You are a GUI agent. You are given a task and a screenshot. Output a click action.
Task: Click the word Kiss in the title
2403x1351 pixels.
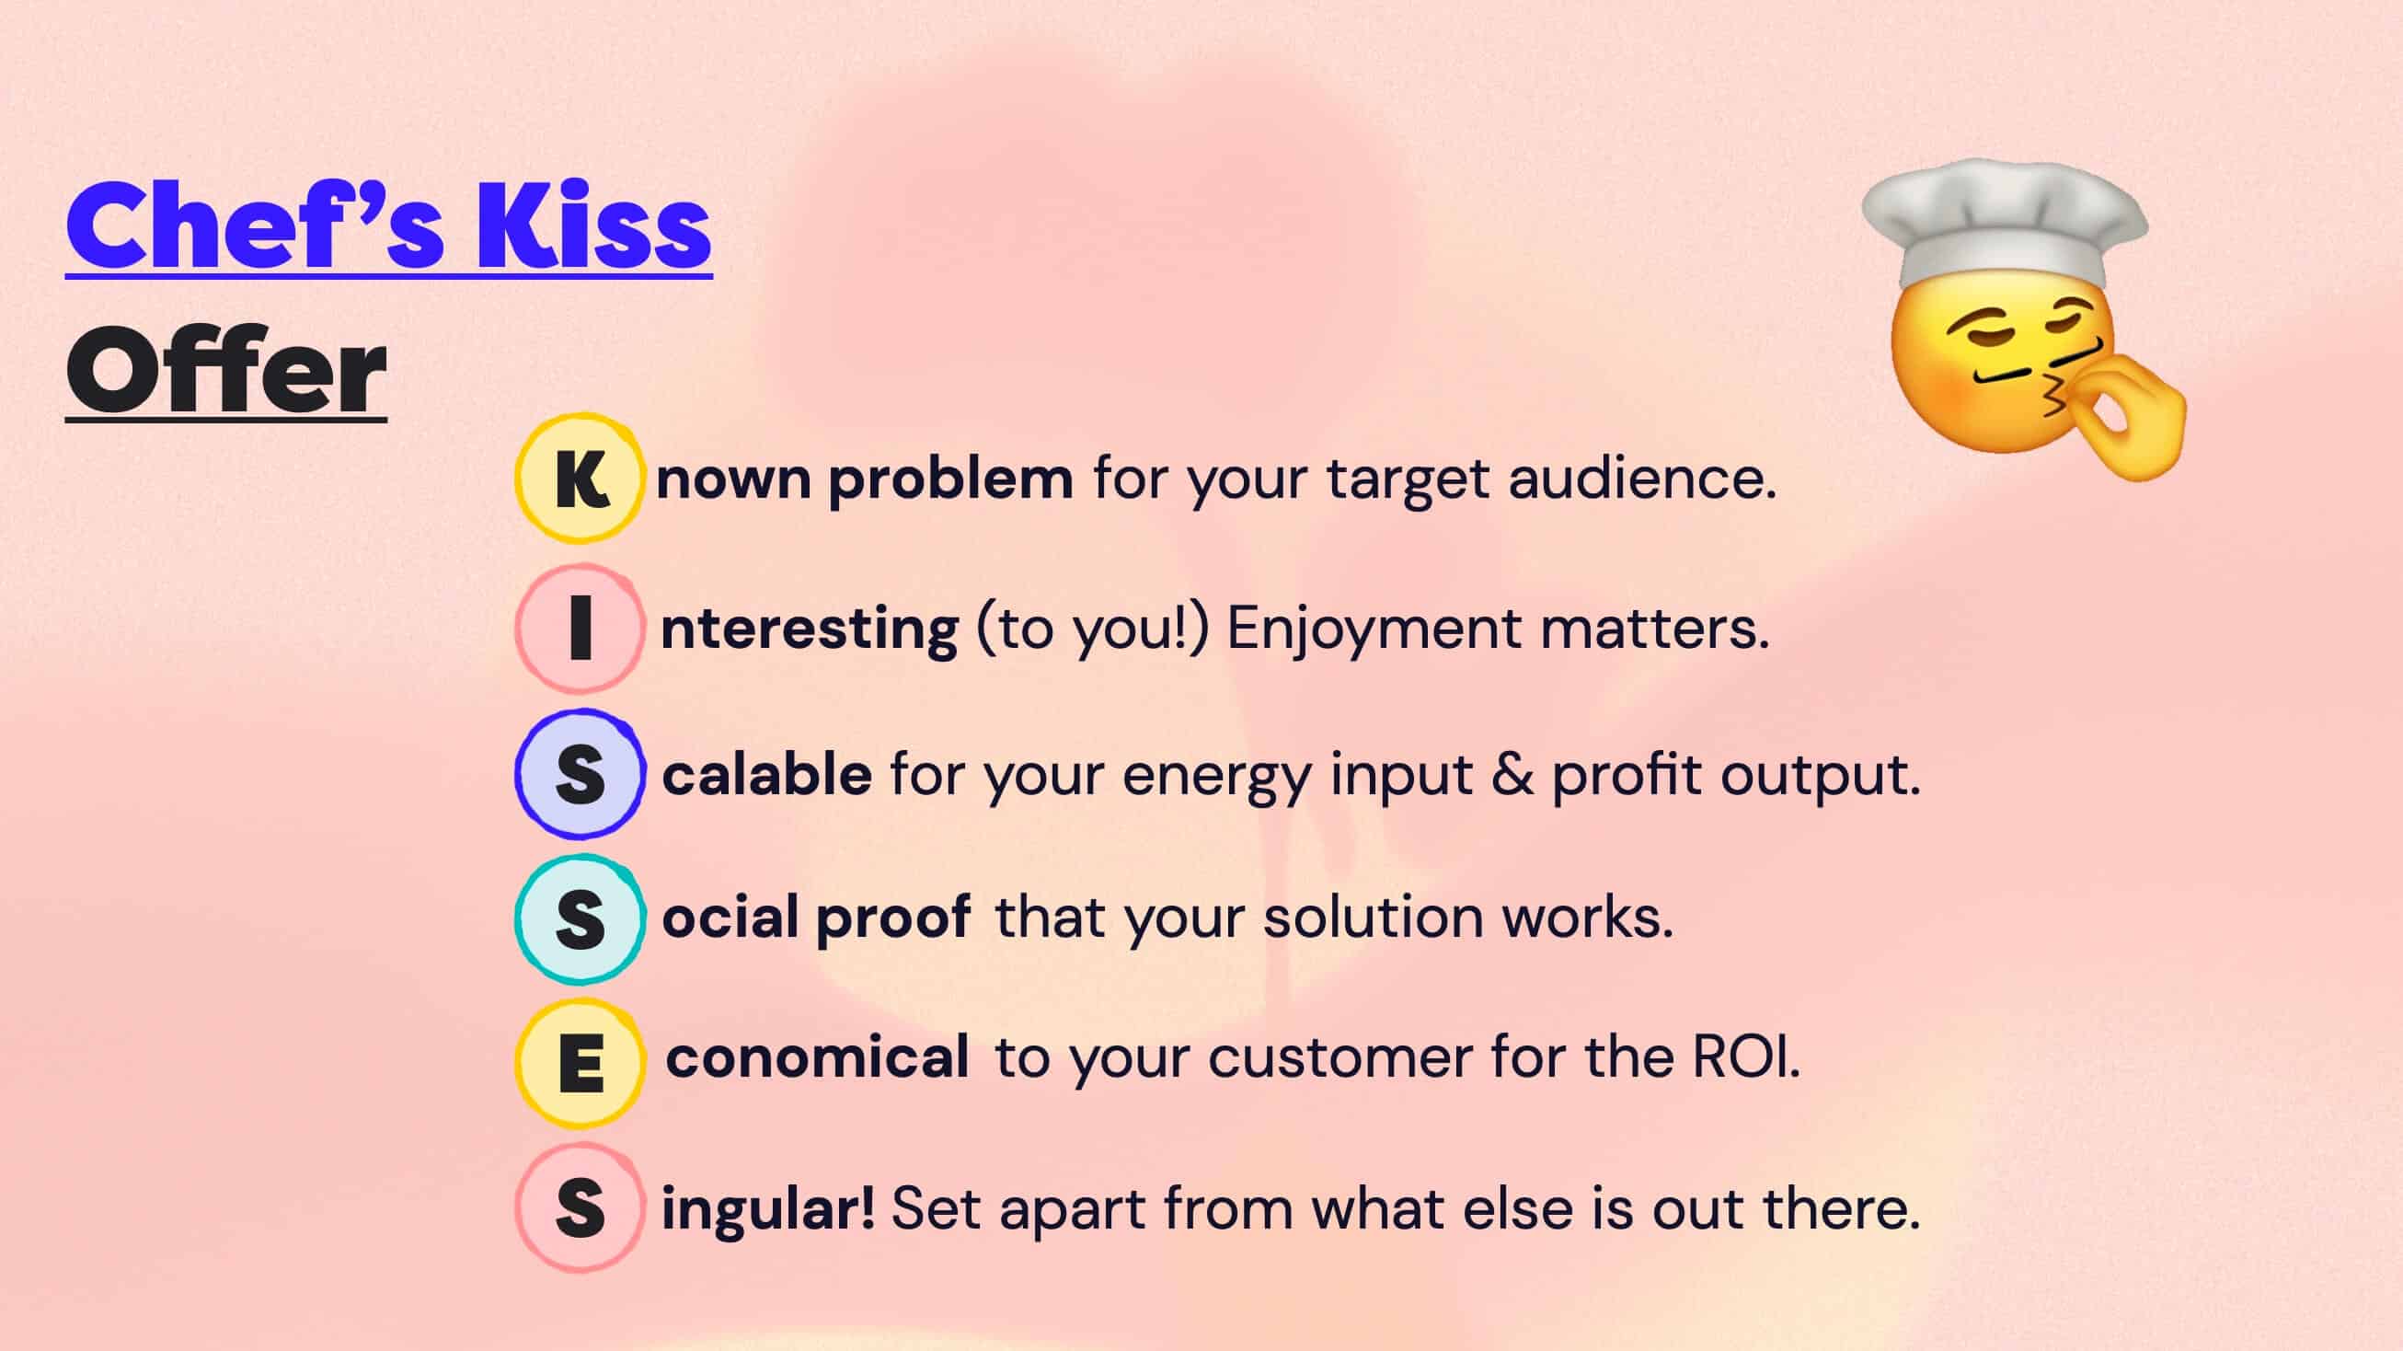[593, 226]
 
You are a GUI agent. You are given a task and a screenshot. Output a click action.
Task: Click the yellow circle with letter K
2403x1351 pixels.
[580, 479]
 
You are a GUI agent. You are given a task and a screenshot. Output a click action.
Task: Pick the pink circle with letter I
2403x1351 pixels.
[580, 628]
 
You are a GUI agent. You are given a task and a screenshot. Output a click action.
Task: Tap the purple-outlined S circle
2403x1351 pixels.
[580, 773]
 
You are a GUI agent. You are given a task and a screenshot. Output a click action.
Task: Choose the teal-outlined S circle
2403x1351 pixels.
[580, 919]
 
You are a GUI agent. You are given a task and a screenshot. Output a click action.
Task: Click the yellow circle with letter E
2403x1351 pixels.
[580, 1062]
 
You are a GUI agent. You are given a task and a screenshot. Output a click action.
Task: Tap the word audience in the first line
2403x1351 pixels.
[1642, 479]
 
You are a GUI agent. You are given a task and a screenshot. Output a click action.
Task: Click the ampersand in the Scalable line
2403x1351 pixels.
[1512, 774]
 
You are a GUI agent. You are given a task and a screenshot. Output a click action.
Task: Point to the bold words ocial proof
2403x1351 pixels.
[816, 918]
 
